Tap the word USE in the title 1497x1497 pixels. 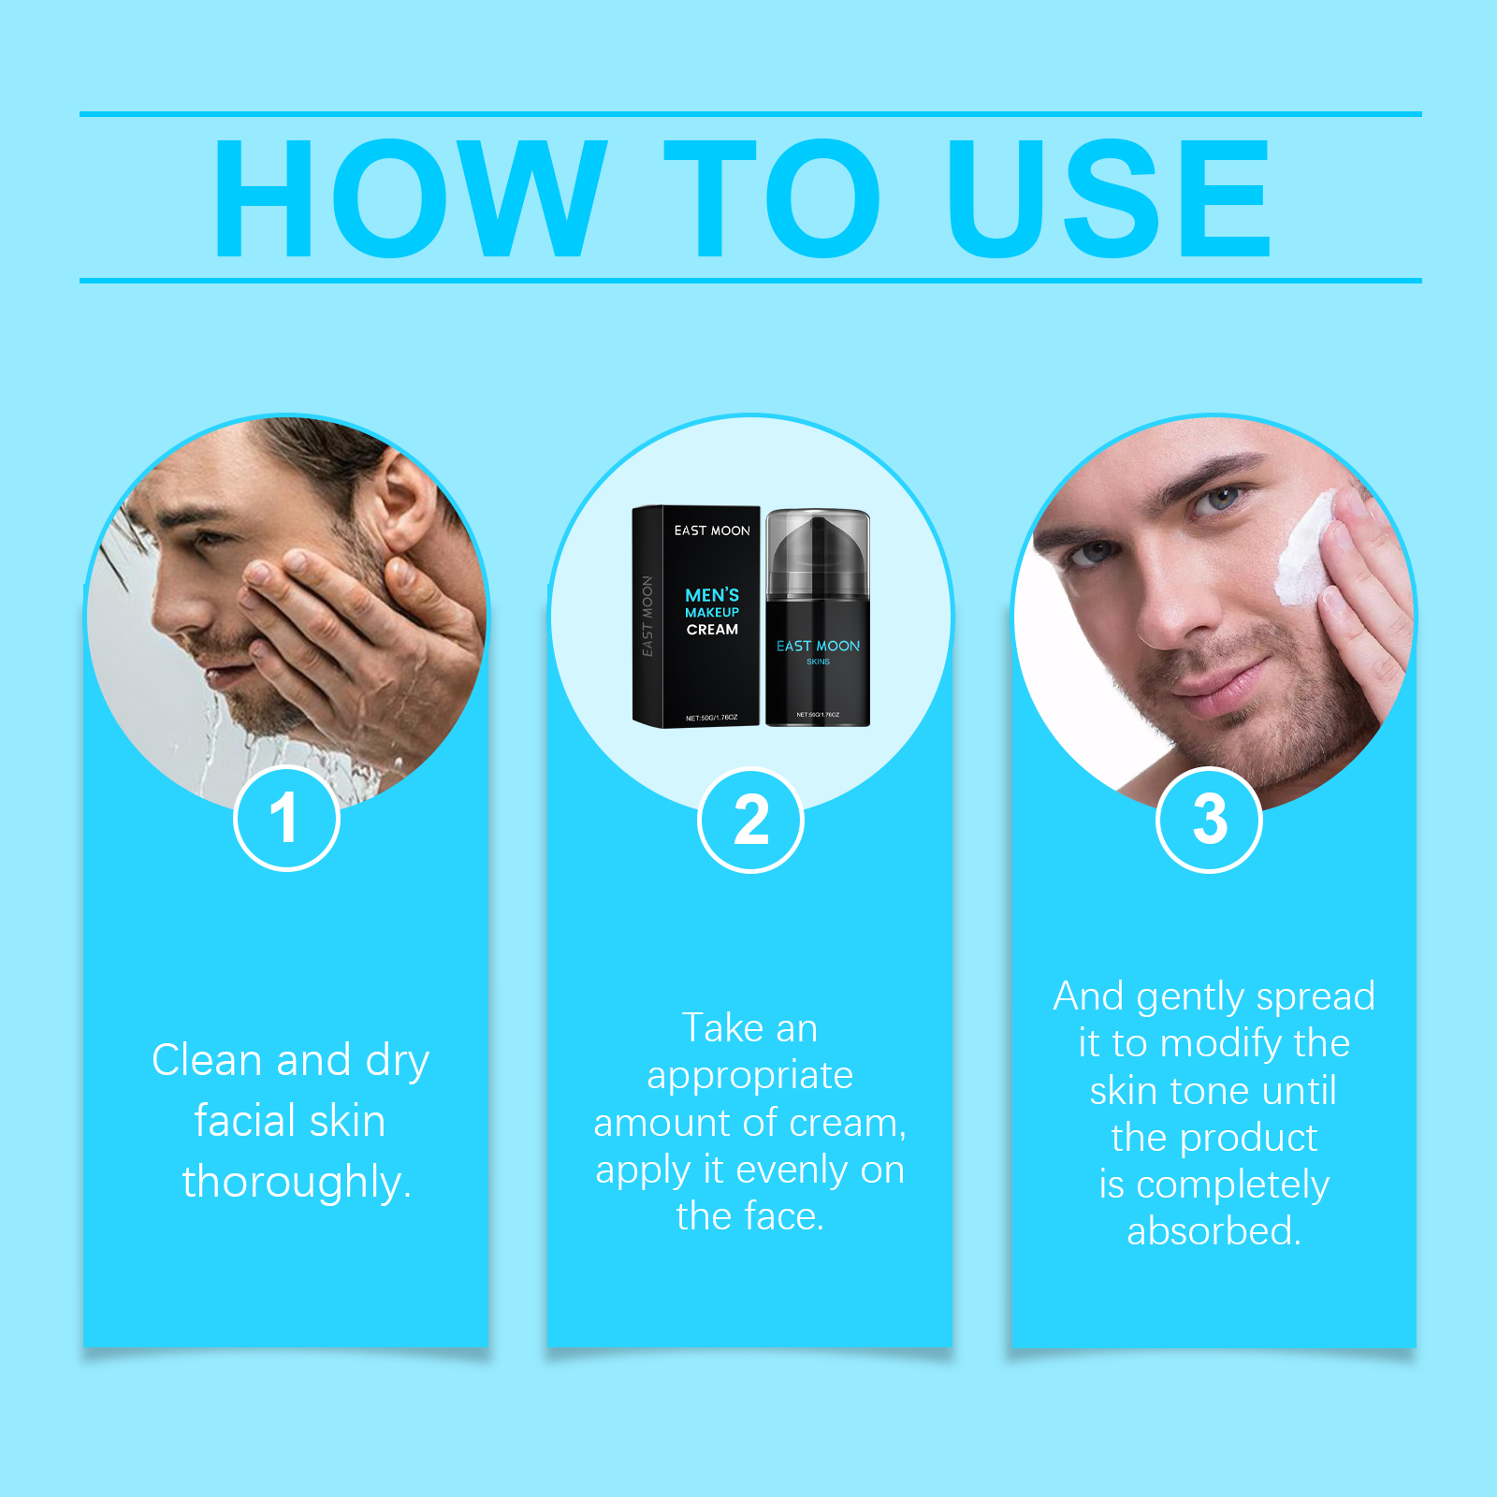(x=1110, y=197)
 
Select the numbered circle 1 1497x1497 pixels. (x=285, y=818)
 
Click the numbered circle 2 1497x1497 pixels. (x=750, y=820)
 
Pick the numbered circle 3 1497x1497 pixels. (x=1209, y=820)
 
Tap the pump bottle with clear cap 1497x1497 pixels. (x=818, y=617)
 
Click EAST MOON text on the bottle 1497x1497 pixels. (x=818, y=646)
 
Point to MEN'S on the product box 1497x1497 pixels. (x=712, y=595)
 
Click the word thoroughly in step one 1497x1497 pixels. (x=297, y=1182)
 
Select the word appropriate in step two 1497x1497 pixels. (x=750, y=1076)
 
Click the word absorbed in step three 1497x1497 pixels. (x=1214, y=1230)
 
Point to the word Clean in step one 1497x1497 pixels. (x=207, y=1060)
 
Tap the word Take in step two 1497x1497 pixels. (x=722, y=1027)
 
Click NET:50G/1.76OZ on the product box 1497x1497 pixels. (x=711, y=718)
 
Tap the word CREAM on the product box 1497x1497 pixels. (x=712, y=630)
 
